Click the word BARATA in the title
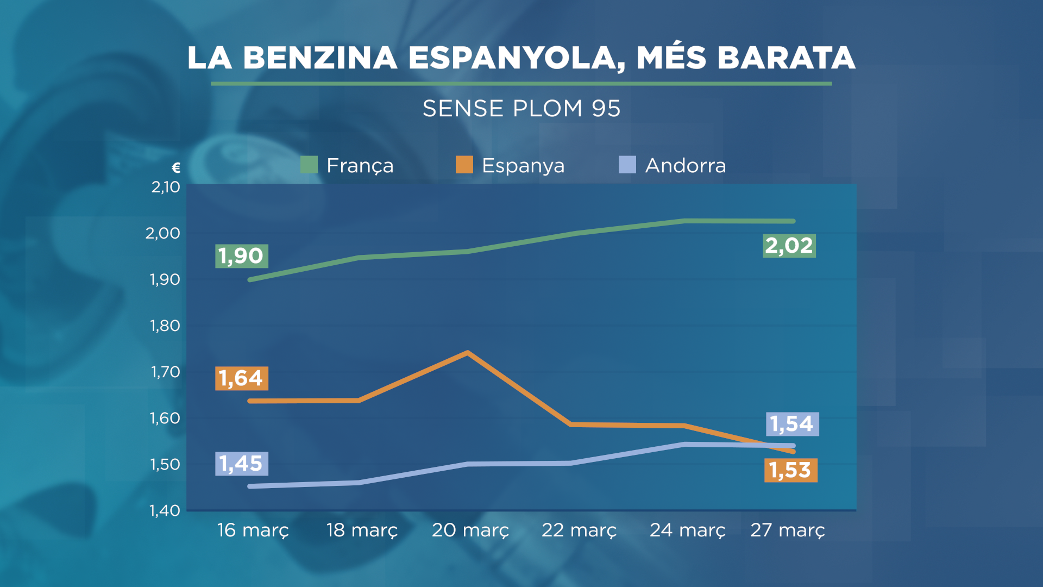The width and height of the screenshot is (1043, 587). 786,58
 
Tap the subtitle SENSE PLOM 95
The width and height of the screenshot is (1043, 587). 521,109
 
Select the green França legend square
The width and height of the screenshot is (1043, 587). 309,165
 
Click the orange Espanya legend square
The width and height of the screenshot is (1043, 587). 464,165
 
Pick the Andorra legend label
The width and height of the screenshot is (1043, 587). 685,165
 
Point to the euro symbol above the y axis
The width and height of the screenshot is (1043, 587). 176,168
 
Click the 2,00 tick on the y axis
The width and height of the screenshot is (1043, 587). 162,233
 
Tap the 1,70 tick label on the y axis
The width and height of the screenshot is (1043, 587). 165,372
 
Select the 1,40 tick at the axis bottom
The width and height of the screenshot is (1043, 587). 165,510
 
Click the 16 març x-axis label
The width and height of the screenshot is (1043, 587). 253,530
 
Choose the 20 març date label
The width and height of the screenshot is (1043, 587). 470,530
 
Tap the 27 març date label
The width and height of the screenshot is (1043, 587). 787,530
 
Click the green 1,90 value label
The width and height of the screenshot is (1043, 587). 241,256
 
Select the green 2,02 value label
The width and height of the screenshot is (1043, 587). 789,246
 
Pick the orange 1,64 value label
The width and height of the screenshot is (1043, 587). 241,378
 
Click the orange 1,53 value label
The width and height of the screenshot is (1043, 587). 790,470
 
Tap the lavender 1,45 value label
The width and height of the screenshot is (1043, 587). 241,464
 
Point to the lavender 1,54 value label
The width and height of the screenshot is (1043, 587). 792,424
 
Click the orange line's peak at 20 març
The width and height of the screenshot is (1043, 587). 468,353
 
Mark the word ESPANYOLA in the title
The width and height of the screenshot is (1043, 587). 516,58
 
